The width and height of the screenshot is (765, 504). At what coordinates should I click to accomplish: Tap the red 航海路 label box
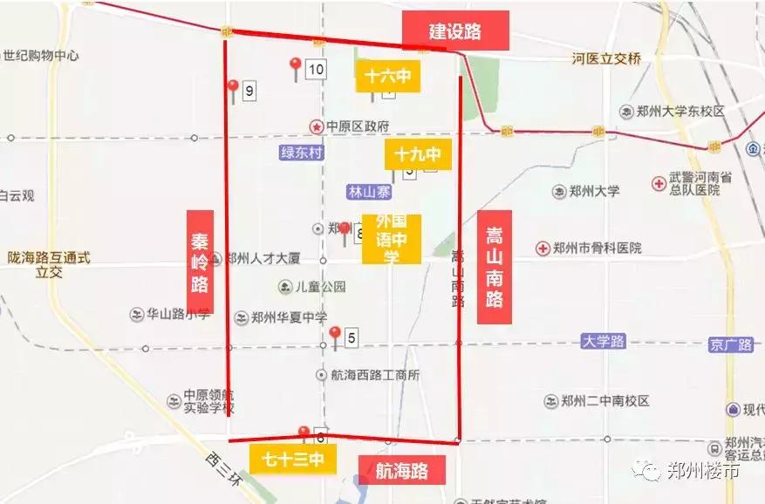(402, 471)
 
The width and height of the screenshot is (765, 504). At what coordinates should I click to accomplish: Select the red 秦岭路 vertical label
(201, 262)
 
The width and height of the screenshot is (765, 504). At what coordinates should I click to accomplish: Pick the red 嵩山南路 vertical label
(495, 267)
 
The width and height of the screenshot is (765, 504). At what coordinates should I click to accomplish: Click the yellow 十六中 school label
(388, 77)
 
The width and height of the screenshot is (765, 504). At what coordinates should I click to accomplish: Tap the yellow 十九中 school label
(417, 154)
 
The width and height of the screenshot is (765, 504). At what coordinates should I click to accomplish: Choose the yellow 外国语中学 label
(392, 239)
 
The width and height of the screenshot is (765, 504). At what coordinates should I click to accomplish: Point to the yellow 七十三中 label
(293, 459)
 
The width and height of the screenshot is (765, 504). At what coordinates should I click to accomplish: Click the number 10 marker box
(316, 70)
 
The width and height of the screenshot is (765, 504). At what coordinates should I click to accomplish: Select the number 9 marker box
(249, 90)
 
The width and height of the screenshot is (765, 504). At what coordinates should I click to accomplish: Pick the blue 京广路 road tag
(731, 344)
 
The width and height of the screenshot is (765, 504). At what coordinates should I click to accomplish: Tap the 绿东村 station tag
(302, 153)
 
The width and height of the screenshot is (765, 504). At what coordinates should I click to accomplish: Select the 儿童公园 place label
(320, 287)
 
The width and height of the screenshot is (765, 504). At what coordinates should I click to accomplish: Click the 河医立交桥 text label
(606, 59)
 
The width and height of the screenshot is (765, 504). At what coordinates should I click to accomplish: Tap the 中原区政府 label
(357, 126)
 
